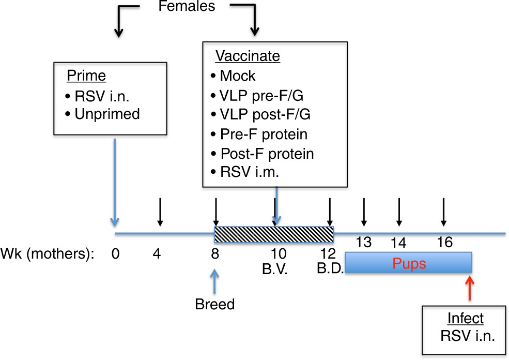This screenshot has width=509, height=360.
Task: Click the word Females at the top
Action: [x=187, y=7]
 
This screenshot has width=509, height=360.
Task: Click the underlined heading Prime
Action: [x=86, y=77]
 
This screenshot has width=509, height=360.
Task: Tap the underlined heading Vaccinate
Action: [x=247, y=56]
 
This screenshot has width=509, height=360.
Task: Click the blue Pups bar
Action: [x=408, y=263]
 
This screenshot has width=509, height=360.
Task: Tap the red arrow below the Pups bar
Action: [x=469, y=288]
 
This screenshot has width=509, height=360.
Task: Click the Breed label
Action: [x=214, y=304]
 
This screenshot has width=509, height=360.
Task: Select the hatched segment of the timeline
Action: [x=274, y=232]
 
